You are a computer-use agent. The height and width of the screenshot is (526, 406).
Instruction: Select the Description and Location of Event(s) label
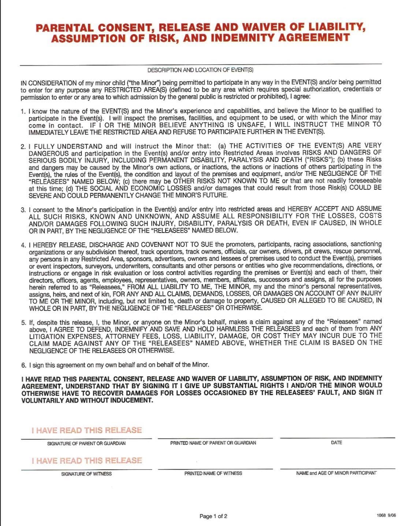pyautogui.click(x=200, y=70)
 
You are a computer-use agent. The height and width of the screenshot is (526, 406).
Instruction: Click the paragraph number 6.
pyautogui.click(x=23, y=365)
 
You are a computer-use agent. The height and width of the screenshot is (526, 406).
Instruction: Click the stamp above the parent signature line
pyautogui.click(x=87, y=430)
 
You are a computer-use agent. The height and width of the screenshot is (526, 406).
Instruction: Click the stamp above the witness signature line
pyautogui.click(x=87, y=460)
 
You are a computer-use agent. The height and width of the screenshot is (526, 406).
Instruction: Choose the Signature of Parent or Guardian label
pyautogui.click(x=86, y=443)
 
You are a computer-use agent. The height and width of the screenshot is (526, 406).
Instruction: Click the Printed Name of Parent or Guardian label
pyautogui.click(x=213, y=443)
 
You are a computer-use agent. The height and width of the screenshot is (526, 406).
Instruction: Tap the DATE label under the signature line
pyautogui.click(x=336, y=443)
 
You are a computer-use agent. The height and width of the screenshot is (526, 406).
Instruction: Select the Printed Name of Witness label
pyautogui.click(x=213, y=473)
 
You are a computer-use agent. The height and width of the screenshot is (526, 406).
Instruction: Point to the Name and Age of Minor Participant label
pyautogui.click(x=336, y=473)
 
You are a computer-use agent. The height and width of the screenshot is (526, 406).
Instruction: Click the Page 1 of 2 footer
pyautogui.click(x=213, y=516)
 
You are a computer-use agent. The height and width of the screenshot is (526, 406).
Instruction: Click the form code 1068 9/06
pyautogui.click(x=386, y=515)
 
